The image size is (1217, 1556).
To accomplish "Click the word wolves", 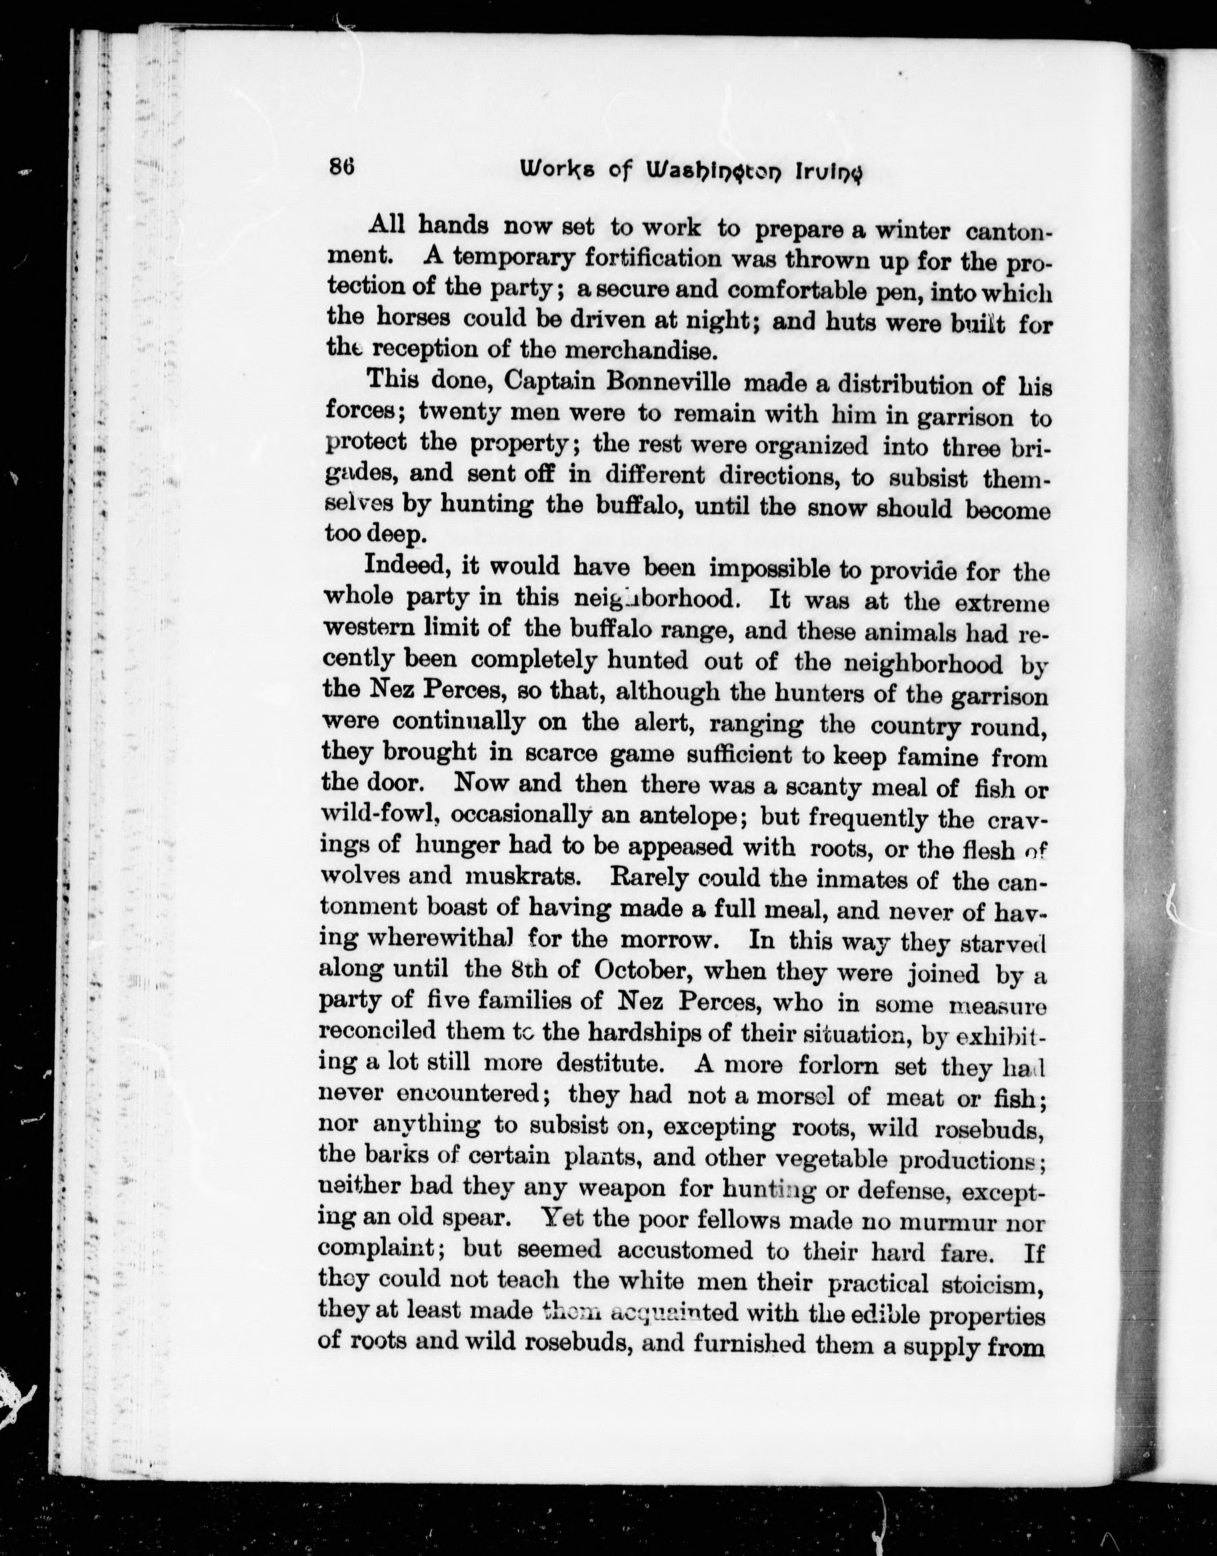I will (359, 875).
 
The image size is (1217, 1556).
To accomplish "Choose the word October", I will (641, 971).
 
